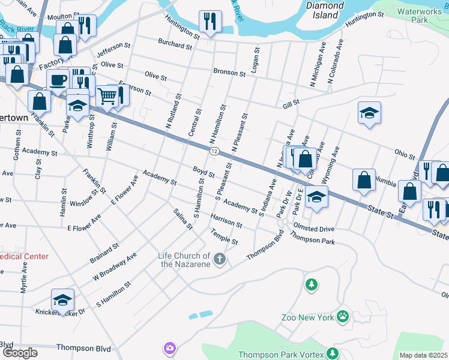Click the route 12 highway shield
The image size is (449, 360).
pyautogui.click(x=214, y=151)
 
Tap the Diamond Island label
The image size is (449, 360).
pyautogui.click(x=325, y=10)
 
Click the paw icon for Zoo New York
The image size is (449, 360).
pyautogui.click(x=342, y=316)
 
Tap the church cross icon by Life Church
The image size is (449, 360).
pyautogui.click(x=220, y=259)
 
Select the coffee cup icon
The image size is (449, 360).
pyautogui.click(x=58, y=79)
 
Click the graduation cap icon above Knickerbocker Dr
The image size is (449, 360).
pyautogui.click(x=63, y=299)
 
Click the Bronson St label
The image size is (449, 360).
pyautogui.click(x=229, y=72)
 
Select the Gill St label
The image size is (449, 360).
pyautogui.click(x=291, y=105)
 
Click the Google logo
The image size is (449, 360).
pyautogui.click(x=20, y=353)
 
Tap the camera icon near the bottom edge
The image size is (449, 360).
pyautogui.click(x=170, y=348)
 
